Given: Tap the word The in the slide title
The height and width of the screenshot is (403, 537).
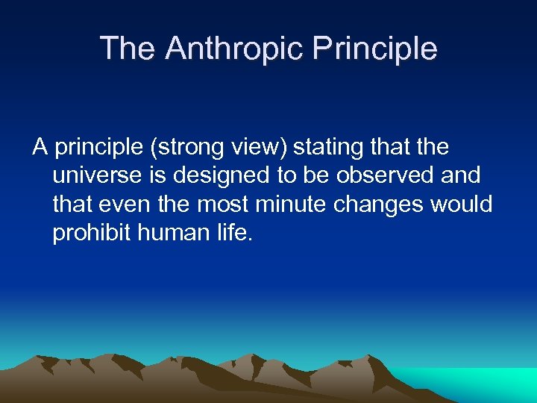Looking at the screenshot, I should pyautogui.click(x=128, y=49).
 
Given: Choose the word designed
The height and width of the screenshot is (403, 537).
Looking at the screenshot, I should pyautogui.click(x=207, y=176).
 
